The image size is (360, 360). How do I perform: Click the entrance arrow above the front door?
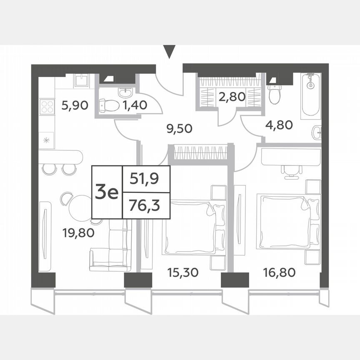click(169, 52)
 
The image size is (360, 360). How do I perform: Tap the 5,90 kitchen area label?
click(75, 105)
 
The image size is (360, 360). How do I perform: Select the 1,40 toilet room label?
click(135, 105)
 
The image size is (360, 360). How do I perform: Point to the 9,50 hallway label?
click(179, 128)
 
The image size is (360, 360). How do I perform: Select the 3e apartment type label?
click(107, 192)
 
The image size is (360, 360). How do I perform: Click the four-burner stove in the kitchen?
click(47, 106)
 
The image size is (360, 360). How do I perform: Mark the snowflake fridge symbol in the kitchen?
click(47, 140)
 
